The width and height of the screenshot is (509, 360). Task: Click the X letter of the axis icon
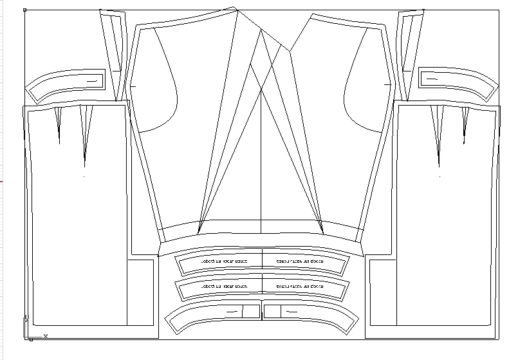pos(46,336)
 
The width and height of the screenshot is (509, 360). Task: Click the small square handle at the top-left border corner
pos(24,10)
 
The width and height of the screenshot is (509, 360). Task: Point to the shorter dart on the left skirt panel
pos(59,122)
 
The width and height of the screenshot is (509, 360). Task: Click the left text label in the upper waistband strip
pos(223,261)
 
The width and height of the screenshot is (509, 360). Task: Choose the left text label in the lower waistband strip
pos(223,286)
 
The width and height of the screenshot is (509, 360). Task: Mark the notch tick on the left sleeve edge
pos(133,85)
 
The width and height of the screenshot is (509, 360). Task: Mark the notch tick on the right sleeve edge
pos(387,84)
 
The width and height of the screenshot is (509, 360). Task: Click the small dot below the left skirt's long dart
pos(84,176)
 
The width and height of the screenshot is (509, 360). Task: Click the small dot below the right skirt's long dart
pos(440,176)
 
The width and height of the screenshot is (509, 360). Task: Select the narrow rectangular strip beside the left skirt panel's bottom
pos(141,293)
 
